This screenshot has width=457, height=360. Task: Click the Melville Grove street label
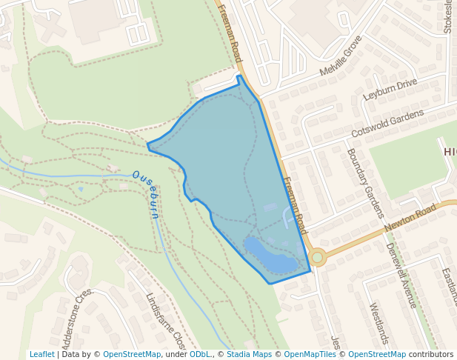[x=341, y=56]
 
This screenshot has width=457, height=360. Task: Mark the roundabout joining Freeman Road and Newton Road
[x=318, y=258]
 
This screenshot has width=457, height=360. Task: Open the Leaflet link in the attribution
[x=41, y=354]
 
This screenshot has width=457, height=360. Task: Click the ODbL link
[x=199, y=354]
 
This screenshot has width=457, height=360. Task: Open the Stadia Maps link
[x=249, y=354]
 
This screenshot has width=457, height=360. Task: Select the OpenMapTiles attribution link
[x=309, y=354]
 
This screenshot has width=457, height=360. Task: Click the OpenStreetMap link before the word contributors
[x=376, y=354]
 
